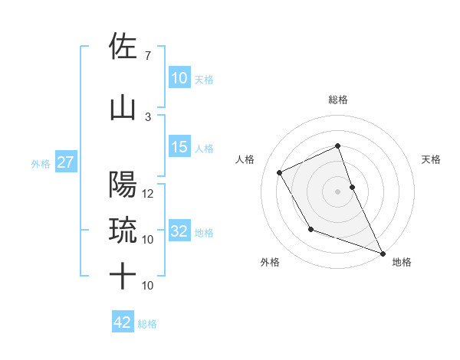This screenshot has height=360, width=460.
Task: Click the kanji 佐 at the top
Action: [123, 47]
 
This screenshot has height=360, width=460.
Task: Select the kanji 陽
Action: [123, 185]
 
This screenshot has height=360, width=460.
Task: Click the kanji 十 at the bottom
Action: [123, 276]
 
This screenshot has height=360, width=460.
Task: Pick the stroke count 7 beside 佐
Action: [148, 56]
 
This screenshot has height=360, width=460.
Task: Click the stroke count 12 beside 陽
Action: [148, 193]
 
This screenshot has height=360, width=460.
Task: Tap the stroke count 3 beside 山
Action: [148, 116]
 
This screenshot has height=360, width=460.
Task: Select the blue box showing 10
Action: [179, 78]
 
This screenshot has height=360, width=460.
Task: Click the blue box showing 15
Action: [179, 147]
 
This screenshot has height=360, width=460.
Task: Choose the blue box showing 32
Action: [179, 231]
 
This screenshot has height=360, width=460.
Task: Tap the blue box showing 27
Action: [65, 162]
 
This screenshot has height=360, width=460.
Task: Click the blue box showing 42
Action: [122, 322]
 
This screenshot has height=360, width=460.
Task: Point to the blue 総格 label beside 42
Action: [147, 324]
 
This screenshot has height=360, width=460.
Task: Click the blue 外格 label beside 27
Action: [41, 163]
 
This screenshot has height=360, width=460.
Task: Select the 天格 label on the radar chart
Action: [432, 159]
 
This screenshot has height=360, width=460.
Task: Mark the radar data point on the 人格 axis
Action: [280, 172]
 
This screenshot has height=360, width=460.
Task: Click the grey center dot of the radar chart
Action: [337, 191]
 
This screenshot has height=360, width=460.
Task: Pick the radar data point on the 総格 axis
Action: [337, 146]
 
